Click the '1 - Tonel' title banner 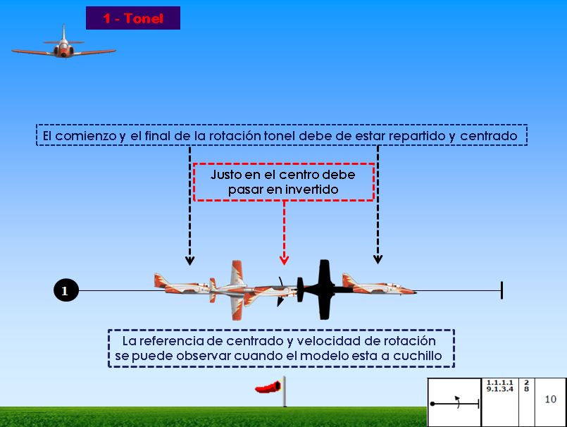[133, 18]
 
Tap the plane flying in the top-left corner [63, 47]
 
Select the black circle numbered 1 [65, 290]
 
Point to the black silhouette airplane [324, 287]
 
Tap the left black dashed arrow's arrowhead [189, 260]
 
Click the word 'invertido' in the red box [310, 190]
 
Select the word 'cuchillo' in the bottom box [418, 355]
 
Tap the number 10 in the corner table [550, 400]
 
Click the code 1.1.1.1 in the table [500, 383]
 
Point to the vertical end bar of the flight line [501, 290]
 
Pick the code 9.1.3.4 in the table [500, 388]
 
